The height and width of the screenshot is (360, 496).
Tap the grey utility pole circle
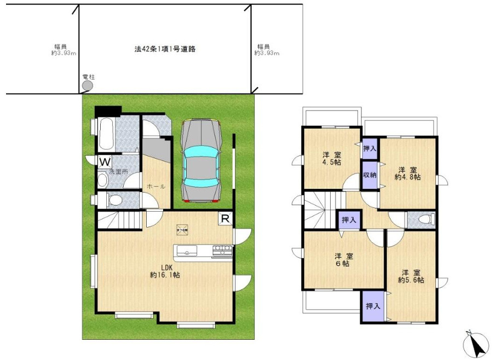(x=88, y=85)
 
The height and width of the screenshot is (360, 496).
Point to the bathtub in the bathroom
(x=106, y=134)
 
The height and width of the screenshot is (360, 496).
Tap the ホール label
(x=156, y=187)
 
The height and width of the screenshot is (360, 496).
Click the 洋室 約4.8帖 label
(x=408, y=173)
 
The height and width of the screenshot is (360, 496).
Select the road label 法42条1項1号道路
(x=165, y=49)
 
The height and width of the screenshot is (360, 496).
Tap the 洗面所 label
(x=116, y=172)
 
